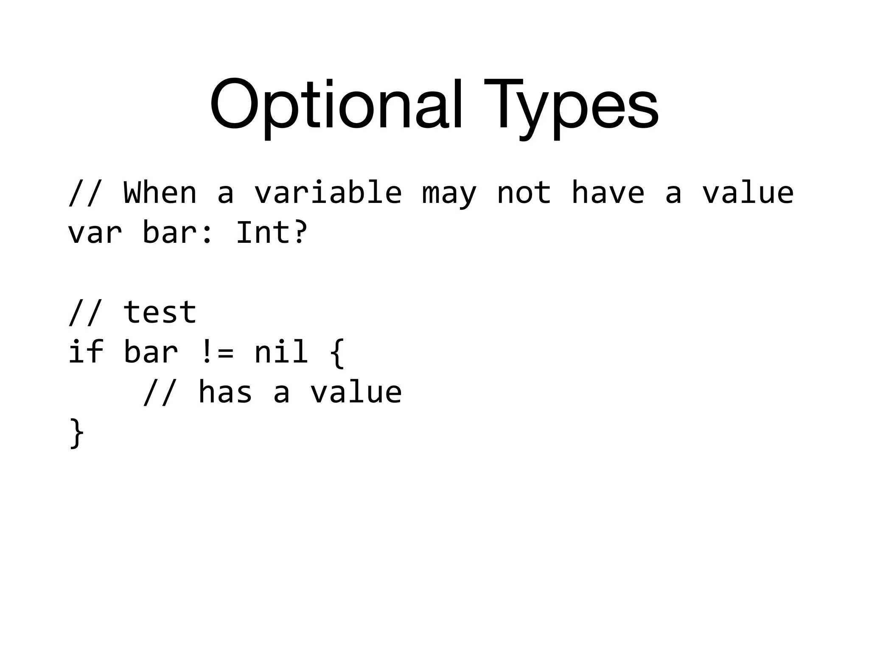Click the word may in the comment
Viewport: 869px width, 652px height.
[x=449, y=194]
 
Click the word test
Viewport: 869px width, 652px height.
[x=160, y=312]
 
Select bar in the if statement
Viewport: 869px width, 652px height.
[x=151, y=352]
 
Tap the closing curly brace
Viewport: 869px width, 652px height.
[x=77, y=433]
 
